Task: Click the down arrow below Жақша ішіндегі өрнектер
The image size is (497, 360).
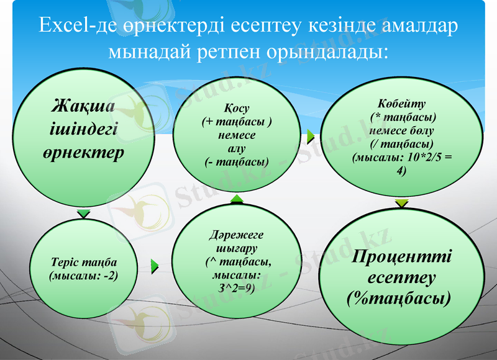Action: pyautogui.click(x=83, y=214)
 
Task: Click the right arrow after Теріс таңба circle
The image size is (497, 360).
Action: pyautogui.click(x=155, y=266)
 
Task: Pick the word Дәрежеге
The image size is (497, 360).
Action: pyautogui.click(x=236, y=235)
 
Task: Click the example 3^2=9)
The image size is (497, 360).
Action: pyautogui.click(x=236, y=287)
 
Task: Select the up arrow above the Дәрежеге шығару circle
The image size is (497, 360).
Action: pyautogui.click(x=237, y=198)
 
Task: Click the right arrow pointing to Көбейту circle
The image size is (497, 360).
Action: pyautogui.click(x=311, y=133)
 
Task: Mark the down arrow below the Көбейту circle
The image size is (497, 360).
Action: pyautogui.click(x=402, y=203)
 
